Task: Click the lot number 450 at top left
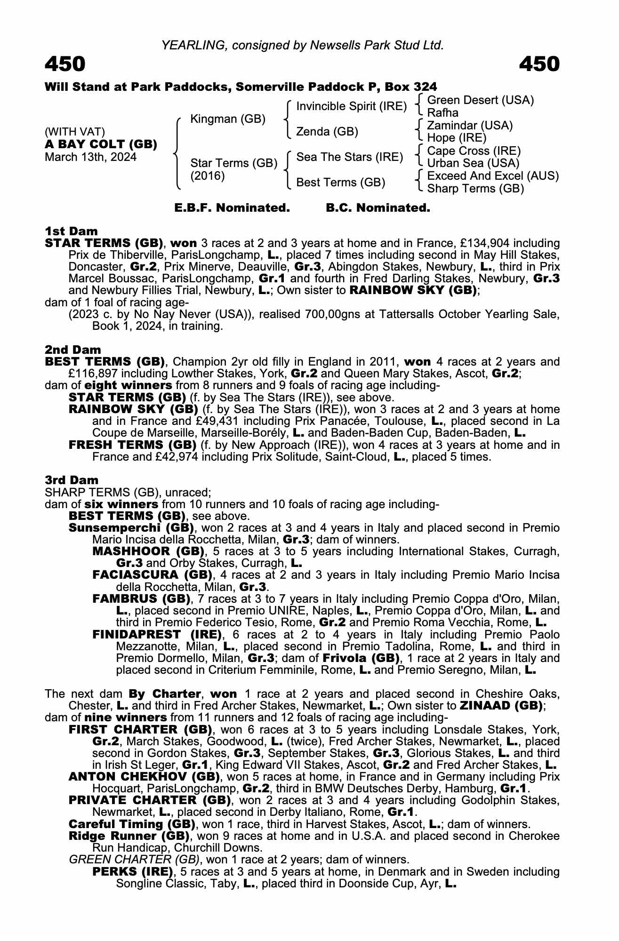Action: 65,64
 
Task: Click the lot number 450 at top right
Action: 539,64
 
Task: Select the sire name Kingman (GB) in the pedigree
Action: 228,119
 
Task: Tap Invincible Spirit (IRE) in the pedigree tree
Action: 351,106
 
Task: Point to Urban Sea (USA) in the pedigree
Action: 473,163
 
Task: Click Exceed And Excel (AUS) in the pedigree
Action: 493,176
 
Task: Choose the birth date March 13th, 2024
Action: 90,157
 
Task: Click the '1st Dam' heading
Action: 71,231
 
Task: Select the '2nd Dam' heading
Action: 72,350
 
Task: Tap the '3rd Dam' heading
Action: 72,480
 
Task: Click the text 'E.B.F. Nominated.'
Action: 232,208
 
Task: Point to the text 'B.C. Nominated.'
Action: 378,208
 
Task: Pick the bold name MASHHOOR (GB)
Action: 148,551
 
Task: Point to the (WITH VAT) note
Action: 75,132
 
